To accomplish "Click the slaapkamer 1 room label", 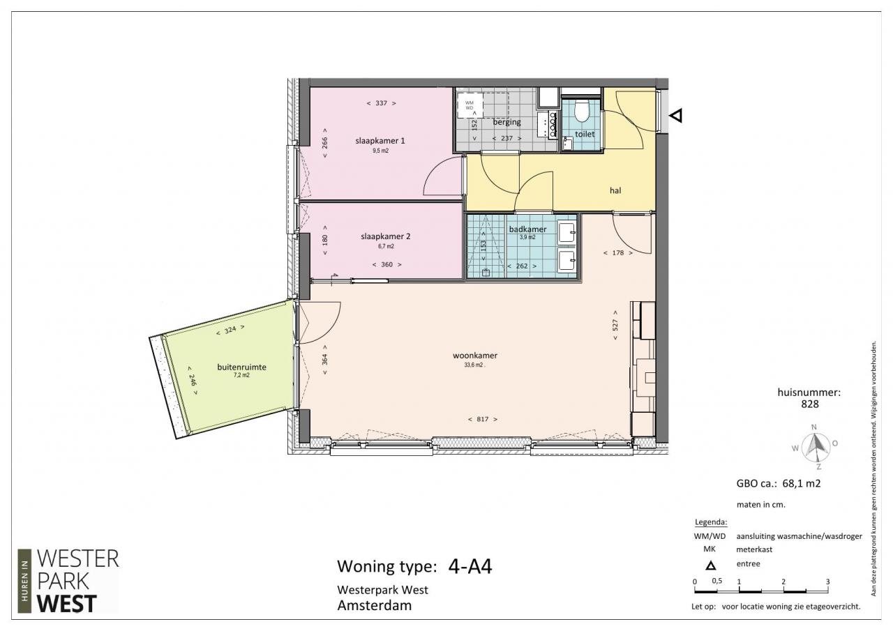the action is coord(380,141).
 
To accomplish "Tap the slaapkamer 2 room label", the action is coord(386,236).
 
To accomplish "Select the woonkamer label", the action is coord(475,356).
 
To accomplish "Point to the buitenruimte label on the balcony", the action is coord(241,367).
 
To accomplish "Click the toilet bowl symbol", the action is coord(582,110).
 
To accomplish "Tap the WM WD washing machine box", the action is coord(470,105).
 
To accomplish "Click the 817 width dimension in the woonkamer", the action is coord(482,419).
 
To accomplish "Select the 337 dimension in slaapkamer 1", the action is coord(381,103).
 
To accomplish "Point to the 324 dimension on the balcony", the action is coord(230,330).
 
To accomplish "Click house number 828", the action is coord(810,404).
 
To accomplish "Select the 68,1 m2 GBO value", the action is coord(802,484).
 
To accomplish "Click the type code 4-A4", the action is coord(470,566).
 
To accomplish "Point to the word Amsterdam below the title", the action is coord(375,605).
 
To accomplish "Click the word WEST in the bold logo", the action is coord(66,604).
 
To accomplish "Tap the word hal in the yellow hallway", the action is coord(615,190).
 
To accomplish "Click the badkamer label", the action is coord(527,229).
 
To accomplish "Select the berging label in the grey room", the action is coord(506,122).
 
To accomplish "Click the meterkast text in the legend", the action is coord(754,549).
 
